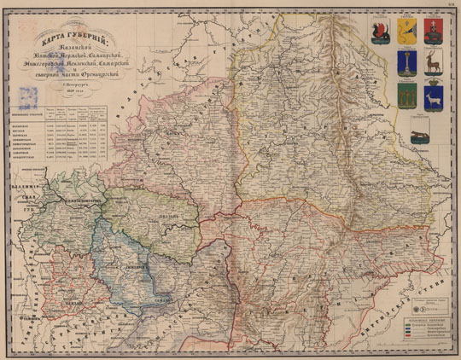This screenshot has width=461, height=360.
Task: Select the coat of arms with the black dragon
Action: pos(381,33)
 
